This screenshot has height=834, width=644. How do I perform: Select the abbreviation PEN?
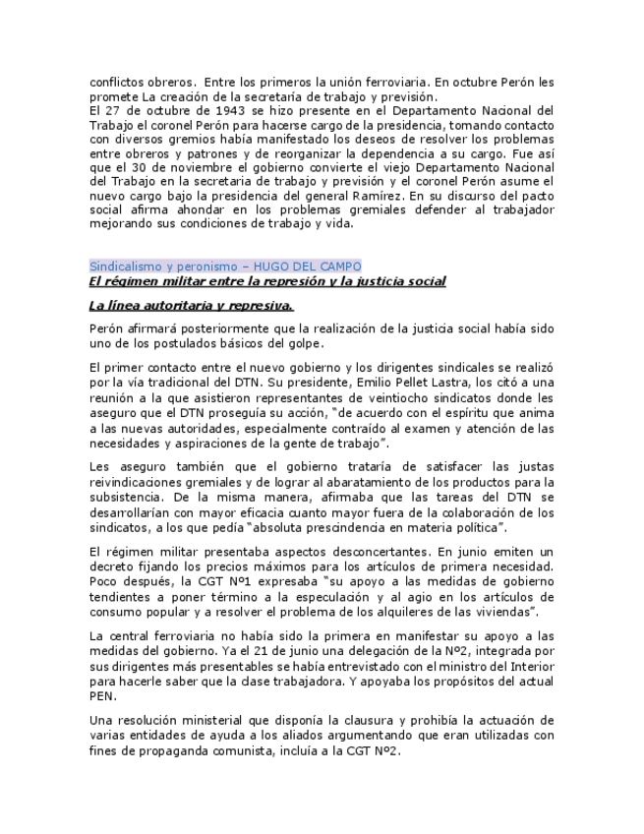pos(102,696)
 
